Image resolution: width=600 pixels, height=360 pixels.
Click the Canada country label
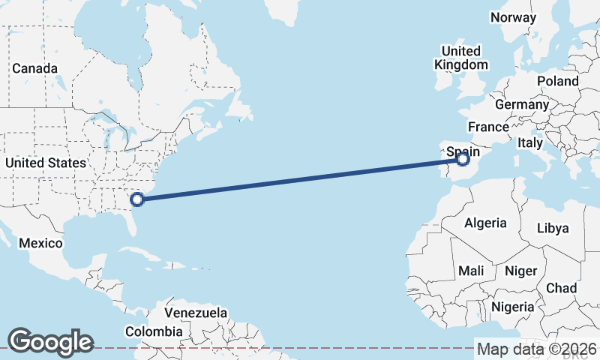tap(34, 68)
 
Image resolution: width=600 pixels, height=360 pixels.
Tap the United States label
tap(45, 163)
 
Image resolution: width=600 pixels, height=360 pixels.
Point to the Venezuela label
tap(196, 312)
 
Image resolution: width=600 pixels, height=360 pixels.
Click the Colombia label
tap(154, 331)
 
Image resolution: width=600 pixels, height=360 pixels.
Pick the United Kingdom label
tap(461, 58)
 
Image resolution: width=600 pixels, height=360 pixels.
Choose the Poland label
tap(557, 81)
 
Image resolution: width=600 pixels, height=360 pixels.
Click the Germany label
tap(522, 105)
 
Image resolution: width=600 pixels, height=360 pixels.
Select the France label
tap(488, 127)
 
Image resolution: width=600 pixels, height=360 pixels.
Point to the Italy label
tap(530, 142)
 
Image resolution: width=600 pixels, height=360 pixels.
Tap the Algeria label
tap(485, 223)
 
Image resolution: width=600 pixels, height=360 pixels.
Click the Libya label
tap(553, 228)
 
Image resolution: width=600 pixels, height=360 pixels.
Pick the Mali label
tap(470, 270)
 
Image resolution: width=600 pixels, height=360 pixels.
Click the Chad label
tap(562, 288)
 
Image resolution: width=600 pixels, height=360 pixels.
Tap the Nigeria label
tap(513, 307)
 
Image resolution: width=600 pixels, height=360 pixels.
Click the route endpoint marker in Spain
tap(462, 159)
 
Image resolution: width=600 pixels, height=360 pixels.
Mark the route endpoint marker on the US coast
tap(137, 199)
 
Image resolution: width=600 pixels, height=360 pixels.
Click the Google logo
tap(50, 342)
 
